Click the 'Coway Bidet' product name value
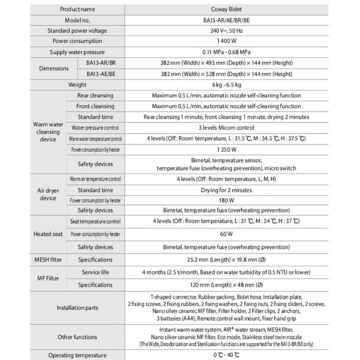click(226, 9)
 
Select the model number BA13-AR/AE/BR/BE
click(226, 20)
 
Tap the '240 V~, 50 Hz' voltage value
click(226, 30)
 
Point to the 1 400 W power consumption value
click(226, 41)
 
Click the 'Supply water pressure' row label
click(77, 52)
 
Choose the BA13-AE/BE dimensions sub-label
click(101, 74)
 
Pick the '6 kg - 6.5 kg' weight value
click(226, 85)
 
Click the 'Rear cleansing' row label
click(95, 96)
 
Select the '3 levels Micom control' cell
click(226, 128)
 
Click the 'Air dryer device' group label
click(48, 194)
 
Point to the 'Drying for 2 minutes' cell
click(226, 190)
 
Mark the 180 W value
click(226, 200)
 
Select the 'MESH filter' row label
click(48, 260)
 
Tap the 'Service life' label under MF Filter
click(95, 272)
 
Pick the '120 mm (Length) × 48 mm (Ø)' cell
click(226, 284)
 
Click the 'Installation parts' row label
click(77, 308)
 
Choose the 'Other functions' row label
click(77, 337)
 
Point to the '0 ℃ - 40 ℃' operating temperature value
click(226, 355)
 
